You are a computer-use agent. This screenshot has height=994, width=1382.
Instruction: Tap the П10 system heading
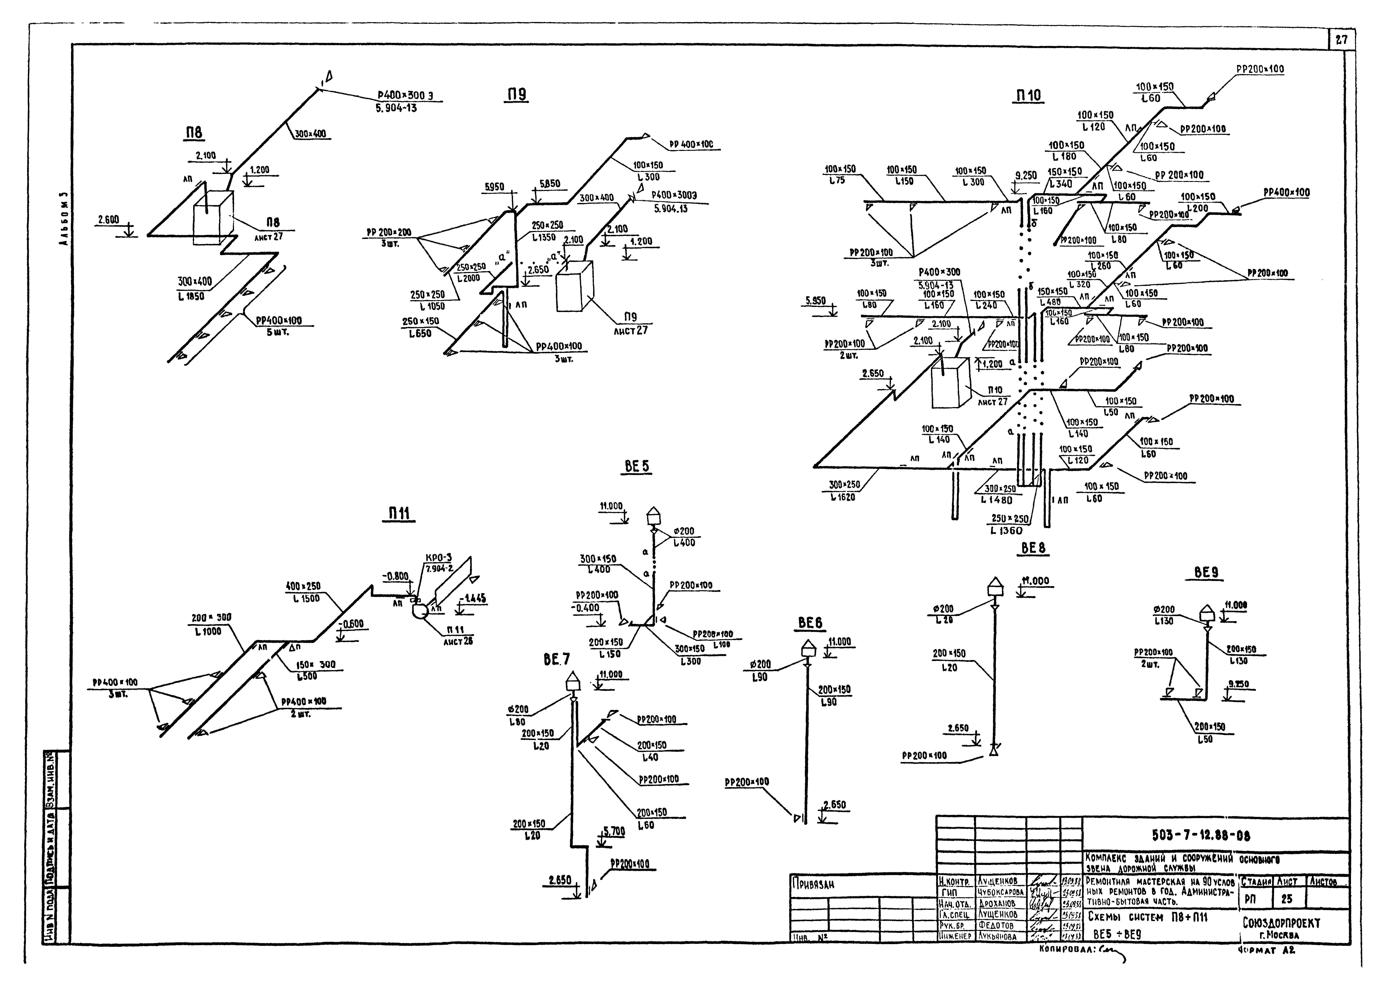pos(1028,96)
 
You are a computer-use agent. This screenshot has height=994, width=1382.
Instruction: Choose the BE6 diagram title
pos(810,622)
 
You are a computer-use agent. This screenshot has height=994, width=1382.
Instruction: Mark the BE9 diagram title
pos(1206,573)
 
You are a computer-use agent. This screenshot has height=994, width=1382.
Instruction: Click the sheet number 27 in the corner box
pos(1341,40)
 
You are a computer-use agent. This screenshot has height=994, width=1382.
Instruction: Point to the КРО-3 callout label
pos(439,558)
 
